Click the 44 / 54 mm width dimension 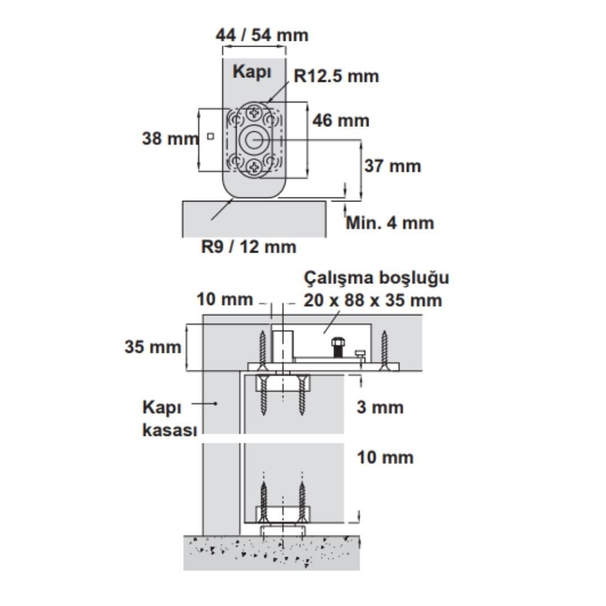pos(262,35)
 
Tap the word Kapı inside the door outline pos(252,72)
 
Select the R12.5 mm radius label pos(336,76)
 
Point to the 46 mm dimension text pos(341,121)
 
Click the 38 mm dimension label pos(170,139)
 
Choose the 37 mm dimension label pos(393,166)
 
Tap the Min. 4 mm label pos(390,223)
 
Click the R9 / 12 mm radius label pos(249,246)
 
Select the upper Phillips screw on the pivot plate pos(254,113)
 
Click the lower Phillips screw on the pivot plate pos(254,167)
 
